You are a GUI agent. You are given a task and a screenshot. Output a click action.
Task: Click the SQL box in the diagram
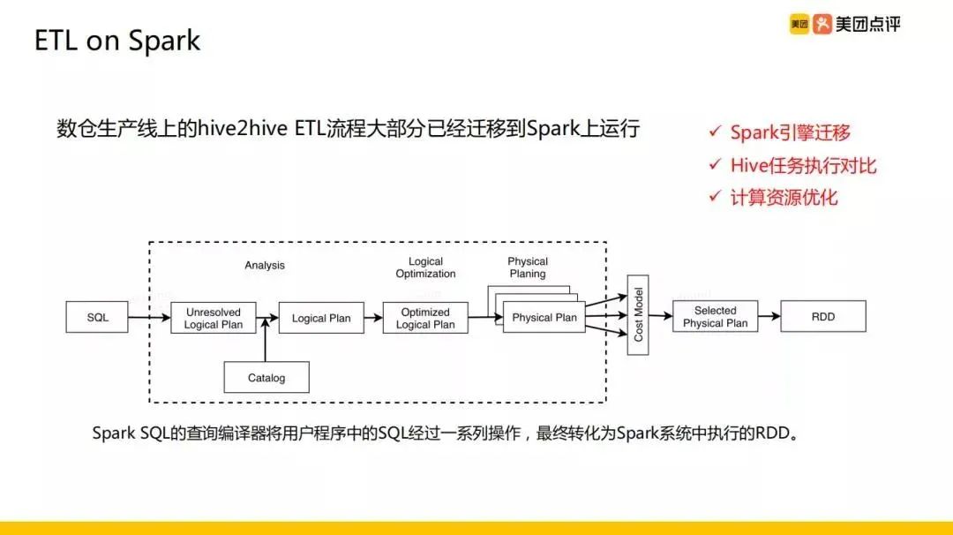[x=97, y=317]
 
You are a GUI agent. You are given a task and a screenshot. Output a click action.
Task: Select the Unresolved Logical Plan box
[x=213, y=318]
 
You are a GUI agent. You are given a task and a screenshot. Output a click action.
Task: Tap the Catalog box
[x=266, y=378]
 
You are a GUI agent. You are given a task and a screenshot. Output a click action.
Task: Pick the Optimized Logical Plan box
[x=425, y=318]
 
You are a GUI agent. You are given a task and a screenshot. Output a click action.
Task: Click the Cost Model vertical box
[x=638, y=315]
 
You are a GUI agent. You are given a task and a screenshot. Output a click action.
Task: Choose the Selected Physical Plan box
[x=715, y=317]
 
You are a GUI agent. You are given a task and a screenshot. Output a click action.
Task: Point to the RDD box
[x=822, y=317]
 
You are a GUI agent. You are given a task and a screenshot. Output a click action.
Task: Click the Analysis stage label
[x=265, y=265]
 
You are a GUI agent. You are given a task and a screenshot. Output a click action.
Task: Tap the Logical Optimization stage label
[x=425, y=267]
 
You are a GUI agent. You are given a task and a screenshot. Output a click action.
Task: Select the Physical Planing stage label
[x=528, y=267]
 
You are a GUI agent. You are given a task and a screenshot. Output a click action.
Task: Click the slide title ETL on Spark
[x=117, y=41]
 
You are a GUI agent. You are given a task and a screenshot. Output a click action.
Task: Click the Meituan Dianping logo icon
[x=822, y=25]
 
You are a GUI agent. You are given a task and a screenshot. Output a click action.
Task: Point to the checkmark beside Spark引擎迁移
[x=715, y=132]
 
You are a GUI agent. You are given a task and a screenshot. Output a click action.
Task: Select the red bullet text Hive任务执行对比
[x=803, y=165]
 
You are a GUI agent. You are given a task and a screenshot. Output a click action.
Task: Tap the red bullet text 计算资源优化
[x=784, y=197]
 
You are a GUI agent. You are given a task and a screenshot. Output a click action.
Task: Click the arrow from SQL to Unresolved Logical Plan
[x=148, y=317]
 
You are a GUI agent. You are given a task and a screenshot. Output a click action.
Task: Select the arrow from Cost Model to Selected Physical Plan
[x=660, y=317]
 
